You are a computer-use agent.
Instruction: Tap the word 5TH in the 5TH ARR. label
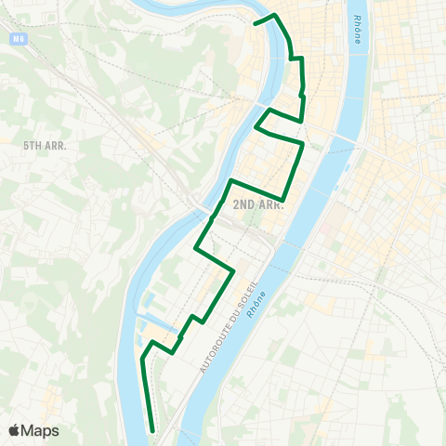pyautogui.click(x=32, y=146)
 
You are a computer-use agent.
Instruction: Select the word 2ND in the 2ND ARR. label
pyautogui.click(x=243, y=204)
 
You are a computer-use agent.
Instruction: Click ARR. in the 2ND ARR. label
pyautogui.click(x=269, y=204)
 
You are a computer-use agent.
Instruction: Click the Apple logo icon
pyautogui.click(x=15, y=430)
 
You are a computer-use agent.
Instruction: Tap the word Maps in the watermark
pyautogui.click(x=40, y=430)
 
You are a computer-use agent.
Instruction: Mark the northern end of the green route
pyautogui.click(x=255, y=22)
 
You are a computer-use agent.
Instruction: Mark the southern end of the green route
pyautogui.click(x=151, y=430)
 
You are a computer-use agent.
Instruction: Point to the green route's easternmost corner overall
pyautogui.click(x=304, y=144)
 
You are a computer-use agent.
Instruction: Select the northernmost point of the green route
pyautogui.click(x=274, y=15)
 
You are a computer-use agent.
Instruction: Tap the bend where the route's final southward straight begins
pyautogui.click(x=141, y=358)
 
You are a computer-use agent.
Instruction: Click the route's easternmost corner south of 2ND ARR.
pyautogui.click(x=232, y=270)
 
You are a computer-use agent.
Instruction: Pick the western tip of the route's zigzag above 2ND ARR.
pyautogui.click(x=256, y=127)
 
